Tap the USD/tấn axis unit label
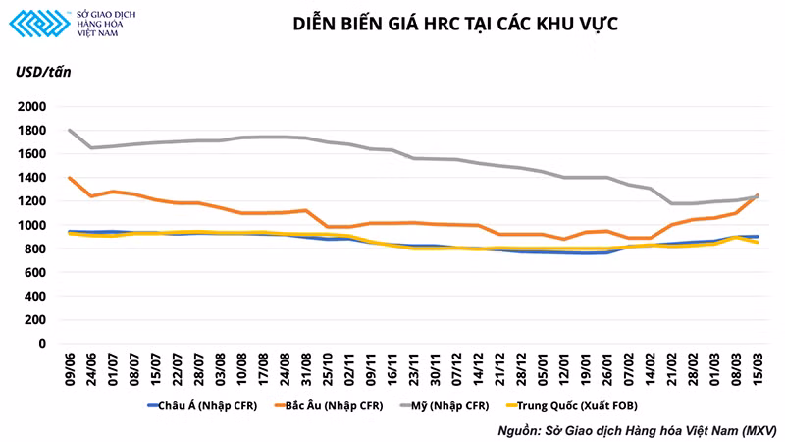pos(43,72)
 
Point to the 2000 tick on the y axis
pos(30,106)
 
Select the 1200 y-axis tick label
pos(30,201)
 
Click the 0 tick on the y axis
pos(42,344)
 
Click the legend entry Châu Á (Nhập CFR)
pos(202,404)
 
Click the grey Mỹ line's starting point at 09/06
pos(69,130)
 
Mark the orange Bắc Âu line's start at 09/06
pos(69,178)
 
